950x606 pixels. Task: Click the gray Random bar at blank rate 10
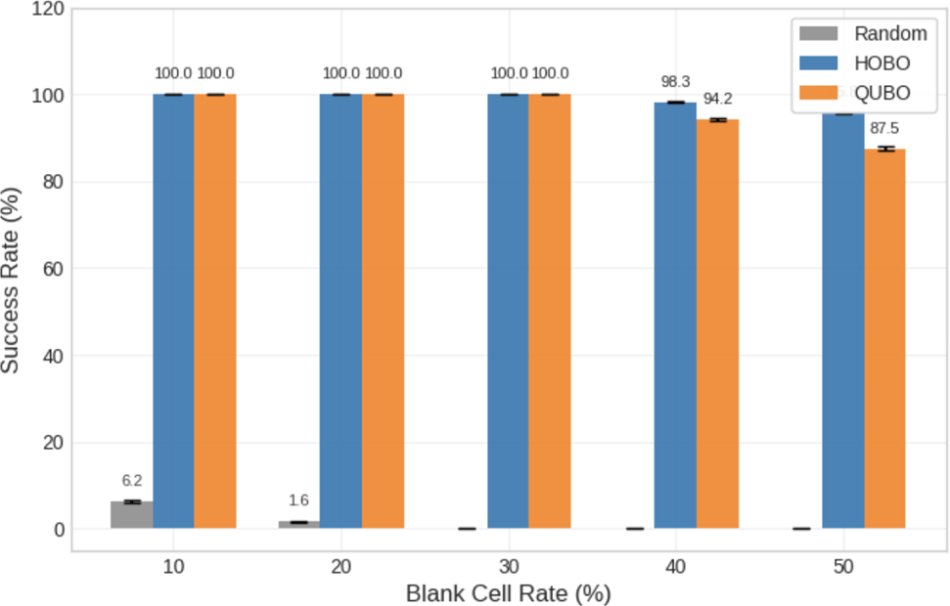click(131, 515)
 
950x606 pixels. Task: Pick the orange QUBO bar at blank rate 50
click(884, 338)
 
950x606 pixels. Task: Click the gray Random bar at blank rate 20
click(298, 525)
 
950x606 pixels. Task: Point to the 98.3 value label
click(675, 83)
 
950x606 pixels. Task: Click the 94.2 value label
click(717, 99)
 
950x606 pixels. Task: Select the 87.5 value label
click(885, 128)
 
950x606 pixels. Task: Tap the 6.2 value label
click(131, 481)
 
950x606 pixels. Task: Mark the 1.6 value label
click(298, 500)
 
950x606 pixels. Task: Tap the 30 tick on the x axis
click(509, 567)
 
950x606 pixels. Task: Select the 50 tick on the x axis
click(843, 567)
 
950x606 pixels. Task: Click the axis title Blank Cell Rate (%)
click(508, 593)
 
